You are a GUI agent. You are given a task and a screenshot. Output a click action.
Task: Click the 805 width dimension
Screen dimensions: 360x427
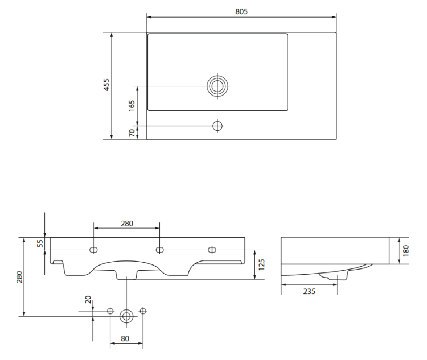click(241, 11)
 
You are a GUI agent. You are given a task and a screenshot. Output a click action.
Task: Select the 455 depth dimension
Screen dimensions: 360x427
click(106, 85)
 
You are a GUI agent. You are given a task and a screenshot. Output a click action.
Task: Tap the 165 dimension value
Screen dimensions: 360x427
click(132, 105)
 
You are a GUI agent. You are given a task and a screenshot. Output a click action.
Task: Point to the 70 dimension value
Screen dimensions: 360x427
click(132, 132)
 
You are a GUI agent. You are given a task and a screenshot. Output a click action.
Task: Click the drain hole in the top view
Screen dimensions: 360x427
click(217, 86)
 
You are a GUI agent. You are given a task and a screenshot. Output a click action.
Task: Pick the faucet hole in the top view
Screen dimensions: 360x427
click(217, 125)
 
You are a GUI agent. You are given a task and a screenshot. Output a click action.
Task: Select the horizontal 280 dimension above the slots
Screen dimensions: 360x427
click(126, 224)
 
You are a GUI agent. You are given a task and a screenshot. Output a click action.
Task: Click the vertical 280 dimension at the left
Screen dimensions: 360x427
click(19, 276)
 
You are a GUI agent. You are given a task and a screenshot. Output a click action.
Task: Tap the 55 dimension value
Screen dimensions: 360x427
click(40, 243)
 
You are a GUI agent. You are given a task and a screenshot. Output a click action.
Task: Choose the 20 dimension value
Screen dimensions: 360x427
click(88, 300)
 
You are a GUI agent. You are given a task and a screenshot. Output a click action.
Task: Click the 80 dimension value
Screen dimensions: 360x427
click(126, 339)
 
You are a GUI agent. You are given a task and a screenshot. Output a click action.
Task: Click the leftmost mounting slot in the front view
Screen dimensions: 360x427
click(94, 249)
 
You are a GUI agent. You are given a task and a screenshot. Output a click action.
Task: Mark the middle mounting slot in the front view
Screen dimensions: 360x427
click(160, 249)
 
